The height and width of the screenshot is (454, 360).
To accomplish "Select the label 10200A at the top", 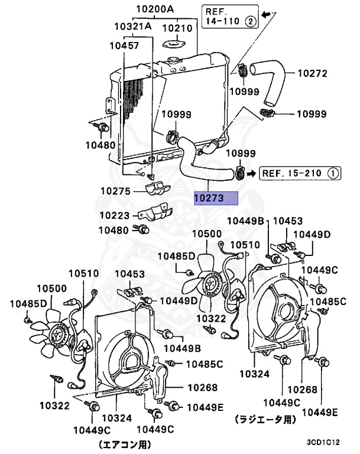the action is (155, 9).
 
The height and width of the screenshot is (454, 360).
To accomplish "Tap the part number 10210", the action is (177, 28).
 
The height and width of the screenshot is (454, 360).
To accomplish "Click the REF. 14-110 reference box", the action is (231, 16).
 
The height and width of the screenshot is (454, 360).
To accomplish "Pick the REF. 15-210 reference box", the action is (300, 173).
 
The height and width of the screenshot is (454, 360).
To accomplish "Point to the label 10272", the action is (312, 73).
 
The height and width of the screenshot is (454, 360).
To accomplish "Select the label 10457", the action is (124, 46).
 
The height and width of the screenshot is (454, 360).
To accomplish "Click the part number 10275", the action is (115, 191).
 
